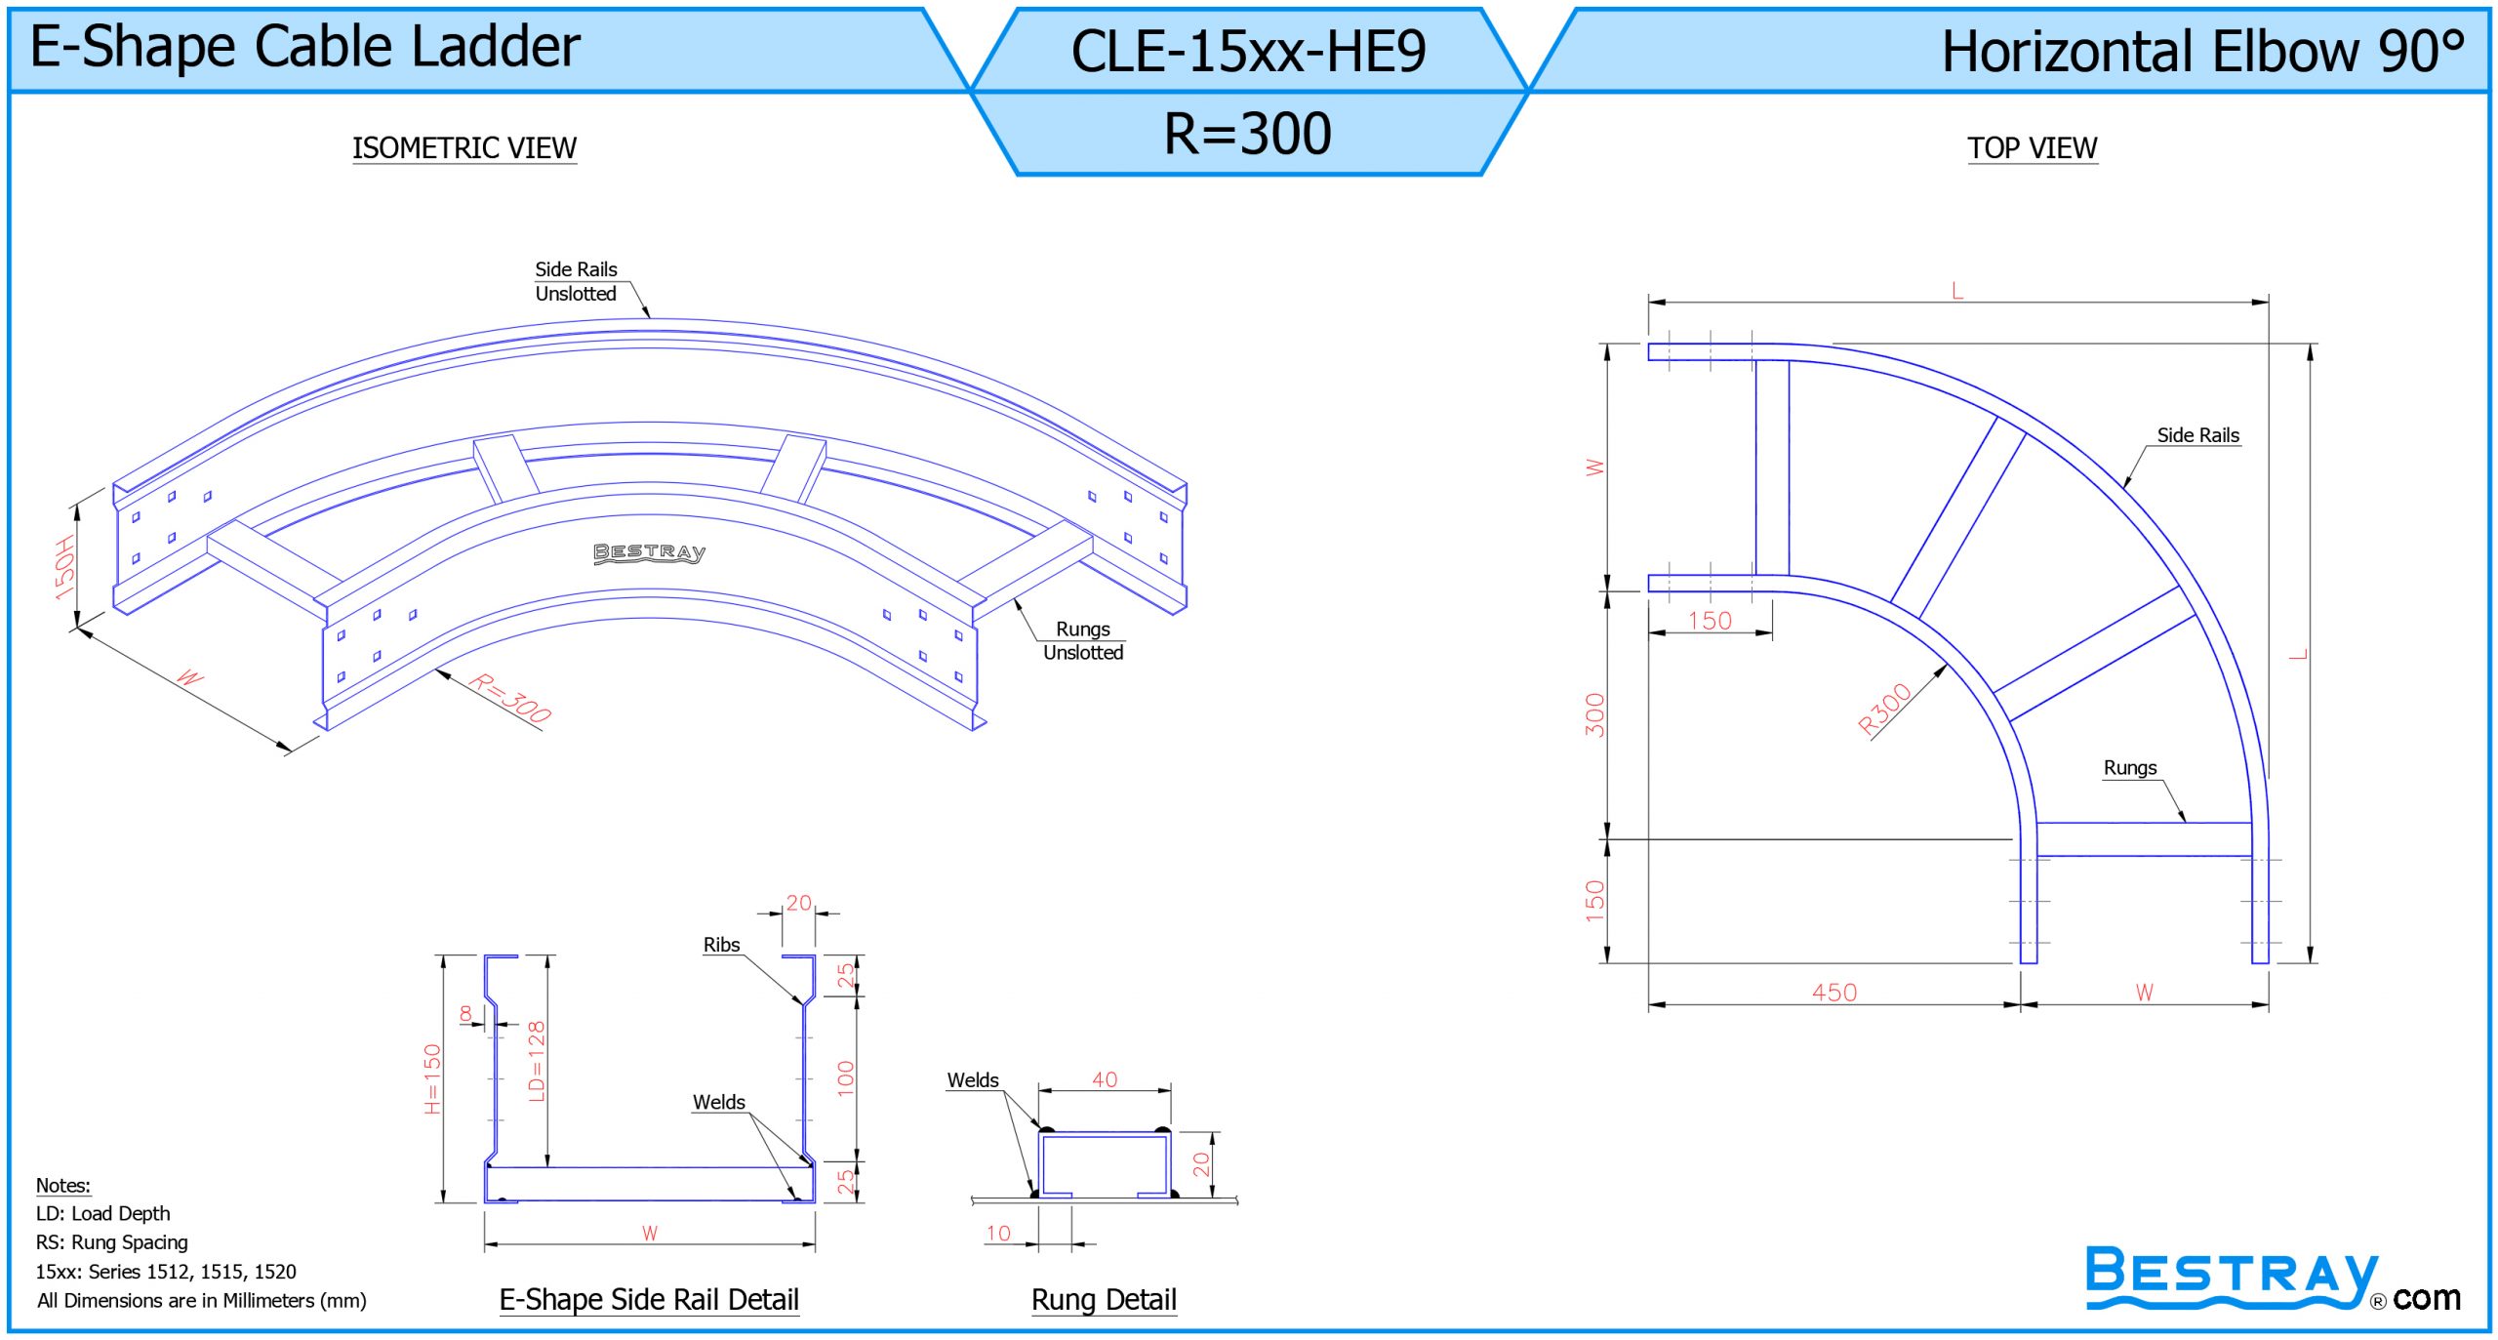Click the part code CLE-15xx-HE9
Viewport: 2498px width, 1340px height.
pyautogui.click(x=1248, y=51)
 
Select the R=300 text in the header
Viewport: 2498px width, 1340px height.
pyautogui.click(x=1248, y=133)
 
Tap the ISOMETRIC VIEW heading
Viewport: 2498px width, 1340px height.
pyautogui.click(x=464, y=147)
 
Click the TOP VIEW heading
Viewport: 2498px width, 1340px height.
pyautogui.click(x=2032, y=147)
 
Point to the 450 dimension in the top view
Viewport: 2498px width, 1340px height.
pyautogui.click(x=1834, y=992)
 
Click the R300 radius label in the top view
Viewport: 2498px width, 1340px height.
pyautogui.click(x=1885, y=709)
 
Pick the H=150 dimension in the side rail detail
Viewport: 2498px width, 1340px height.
pyautogui.click(x=432, y=1078)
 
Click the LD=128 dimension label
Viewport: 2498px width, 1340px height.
pyautogui.click(x=536, y=1061)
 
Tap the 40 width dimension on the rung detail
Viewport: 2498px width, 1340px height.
pyautogui.click(x=1105, y=1078)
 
